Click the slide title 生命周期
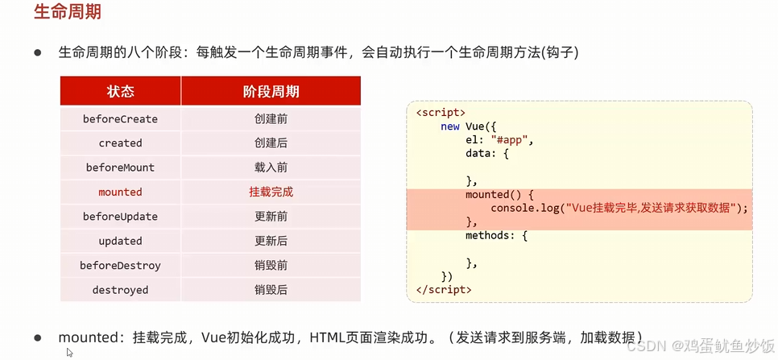tap(68, 14)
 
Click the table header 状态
tap(120, 91)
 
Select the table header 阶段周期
tap(271, 91)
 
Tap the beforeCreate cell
tap(120, 119)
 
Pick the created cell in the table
tap(120, 143)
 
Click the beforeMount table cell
tap(120, 168)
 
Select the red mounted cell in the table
tap(120, 192)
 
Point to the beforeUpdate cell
tap(120, 217)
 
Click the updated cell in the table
tap(120, 241)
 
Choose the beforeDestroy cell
tap(120, 266)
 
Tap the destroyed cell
tap(120, 290)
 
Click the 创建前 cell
tap(271, 119)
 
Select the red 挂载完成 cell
tap(271, 192)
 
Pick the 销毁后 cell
tap(271, 290)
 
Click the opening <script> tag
tap(441, 113)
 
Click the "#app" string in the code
tap(511, 139)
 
